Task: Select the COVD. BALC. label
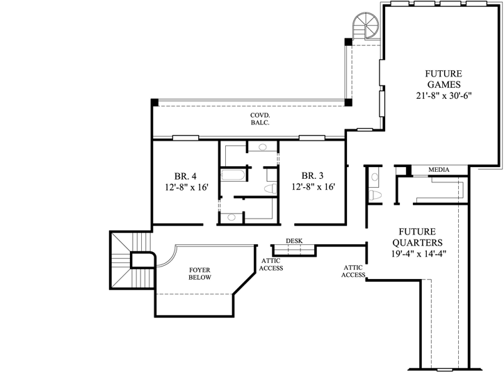[x=261, y=118]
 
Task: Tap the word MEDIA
[x=438, y=170]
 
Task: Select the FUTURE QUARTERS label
[x=417, y=237]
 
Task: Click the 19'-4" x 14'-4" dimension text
[x=417, y=254]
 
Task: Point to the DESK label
[x=294, y=241]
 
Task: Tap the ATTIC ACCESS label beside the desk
[x=271, y=264]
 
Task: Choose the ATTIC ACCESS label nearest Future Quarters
[x=354, y=271]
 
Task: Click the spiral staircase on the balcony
[x=366, y=27]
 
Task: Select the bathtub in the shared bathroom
[x=231, y=175]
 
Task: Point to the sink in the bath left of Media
[x=374, y=175]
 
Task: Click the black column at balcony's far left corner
[x=154, y=102]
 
